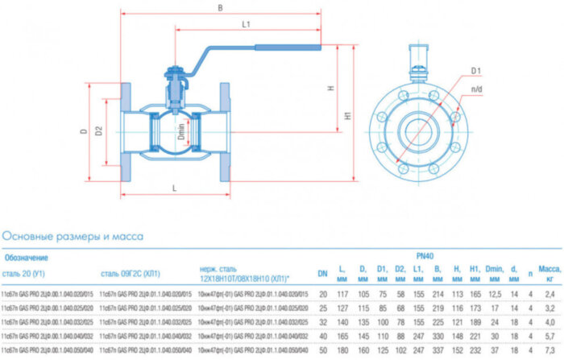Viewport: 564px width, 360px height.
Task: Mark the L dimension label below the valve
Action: click(174, 188)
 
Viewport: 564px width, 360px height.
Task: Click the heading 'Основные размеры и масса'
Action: click(73, 237)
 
